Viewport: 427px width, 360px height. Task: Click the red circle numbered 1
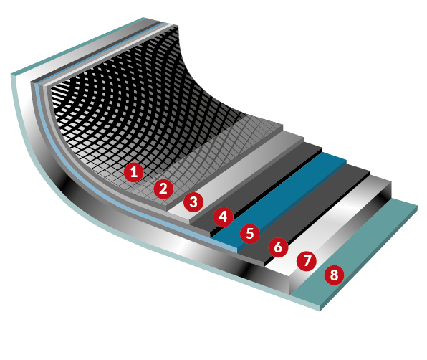click(x=134, y=172)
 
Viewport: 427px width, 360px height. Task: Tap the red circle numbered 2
click(x=163, y=189)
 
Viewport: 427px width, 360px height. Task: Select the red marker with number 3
click(x=193, y=202)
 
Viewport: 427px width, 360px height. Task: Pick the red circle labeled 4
click(x=224, y=217)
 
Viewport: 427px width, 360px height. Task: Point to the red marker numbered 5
click(x=250, y=234)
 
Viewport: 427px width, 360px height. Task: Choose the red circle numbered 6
click(x=278, y=247)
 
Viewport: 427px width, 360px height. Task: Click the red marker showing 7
click(x=307, y=261)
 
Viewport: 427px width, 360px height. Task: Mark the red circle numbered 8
click(x=334, y=275)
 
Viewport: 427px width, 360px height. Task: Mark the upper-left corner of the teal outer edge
click(x=11, y=74)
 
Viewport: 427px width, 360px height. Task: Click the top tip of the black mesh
click(x=178, y=26)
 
